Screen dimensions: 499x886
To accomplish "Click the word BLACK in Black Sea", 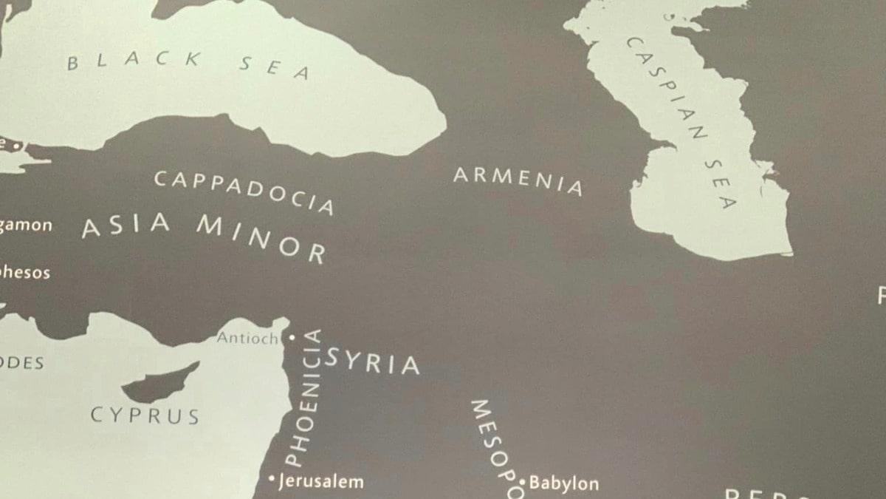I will tap(134, 61).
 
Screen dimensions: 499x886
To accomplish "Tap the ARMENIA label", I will tap(518, 180).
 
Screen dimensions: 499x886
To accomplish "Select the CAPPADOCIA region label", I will tap(244, 191).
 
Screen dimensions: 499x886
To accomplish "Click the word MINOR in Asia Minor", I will tap(261, 239).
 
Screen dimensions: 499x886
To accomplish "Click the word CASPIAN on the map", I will tap(667, 87).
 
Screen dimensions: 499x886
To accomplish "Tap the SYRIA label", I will tap(373, 362).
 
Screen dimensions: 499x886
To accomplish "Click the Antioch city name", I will tap(247, 339).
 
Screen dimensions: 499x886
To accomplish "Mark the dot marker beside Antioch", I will tap(291, 337).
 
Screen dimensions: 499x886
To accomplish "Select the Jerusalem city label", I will tap(321, 482).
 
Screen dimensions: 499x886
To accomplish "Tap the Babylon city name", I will tap(564, 484).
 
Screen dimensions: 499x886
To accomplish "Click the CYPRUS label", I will tap(145, 415).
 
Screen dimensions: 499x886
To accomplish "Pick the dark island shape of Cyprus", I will tap(159, 384).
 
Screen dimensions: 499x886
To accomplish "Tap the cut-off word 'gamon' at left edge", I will tap(26, 225).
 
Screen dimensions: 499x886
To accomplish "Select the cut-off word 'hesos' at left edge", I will tap(25, 273).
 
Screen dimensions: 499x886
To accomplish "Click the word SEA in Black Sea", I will tap(274, 67).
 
